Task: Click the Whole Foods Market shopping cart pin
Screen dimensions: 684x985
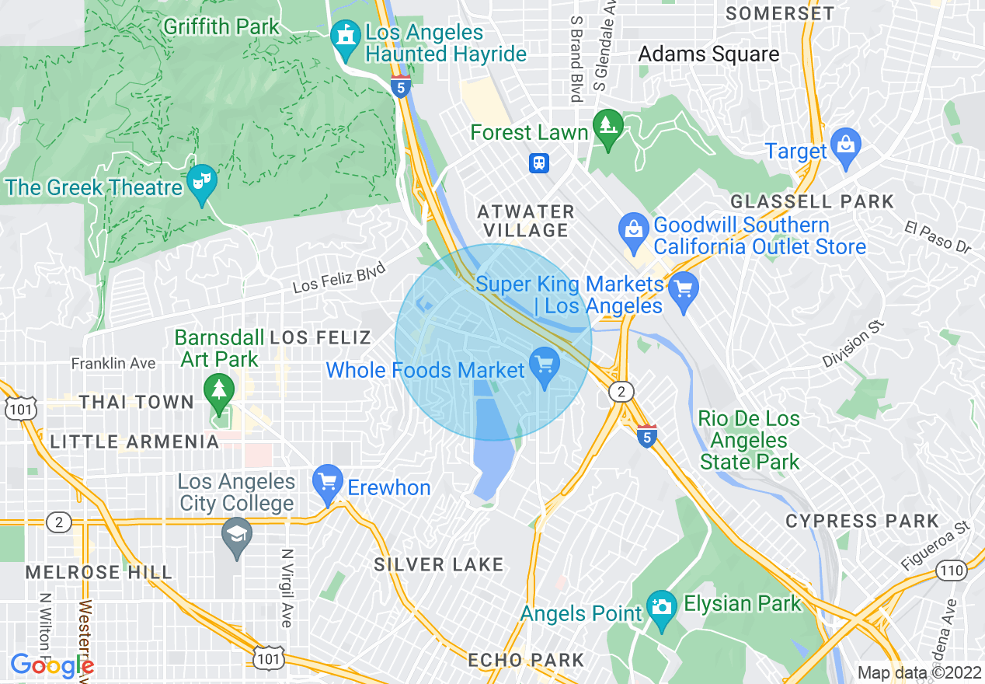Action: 544,365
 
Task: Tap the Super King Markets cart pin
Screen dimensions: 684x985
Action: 684,289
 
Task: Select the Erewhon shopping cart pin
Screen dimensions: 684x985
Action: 327,483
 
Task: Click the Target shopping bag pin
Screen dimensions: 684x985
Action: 845,145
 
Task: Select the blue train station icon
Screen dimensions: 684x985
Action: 539,163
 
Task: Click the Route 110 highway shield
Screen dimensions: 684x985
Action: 952,571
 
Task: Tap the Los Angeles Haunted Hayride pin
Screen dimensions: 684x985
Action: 344,37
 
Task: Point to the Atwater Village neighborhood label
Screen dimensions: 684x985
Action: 526,221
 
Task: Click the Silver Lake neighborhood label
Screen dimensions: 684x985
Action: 439,564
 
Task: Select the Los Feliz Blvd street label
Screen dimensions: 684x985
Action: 339,278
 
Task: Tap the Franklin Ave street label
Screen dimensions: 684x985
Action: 113,363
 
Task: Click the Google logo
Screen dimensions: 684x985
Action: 51,665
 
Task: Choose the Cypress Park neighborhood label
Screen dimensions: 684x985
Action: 862,521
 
